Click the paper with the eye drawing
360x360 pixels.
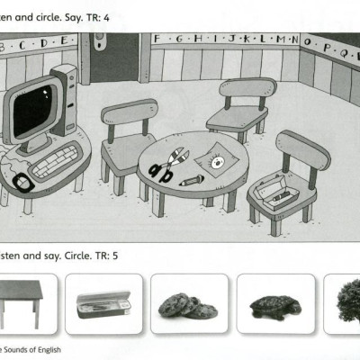(217, 161)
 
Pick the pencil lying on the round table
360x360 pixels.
(191, 180)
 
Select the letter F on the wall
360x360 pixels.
(157, 38)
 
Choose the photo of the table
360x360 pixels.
(22, 301)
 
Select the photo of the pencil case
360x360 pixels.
(103, 303)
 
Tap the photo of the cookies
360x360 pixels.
(187, 305)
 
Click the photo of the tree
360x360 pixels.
(346, 301)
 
